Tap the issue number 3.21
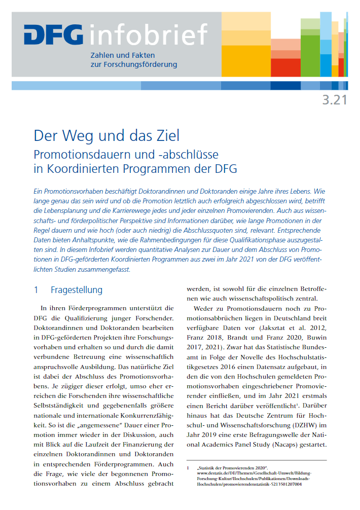click(335, 100)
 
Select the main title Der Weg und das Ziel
click(106, 136)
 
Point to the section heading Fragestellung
click(77, 290)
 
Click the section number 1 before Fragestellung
click(36, 290)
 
